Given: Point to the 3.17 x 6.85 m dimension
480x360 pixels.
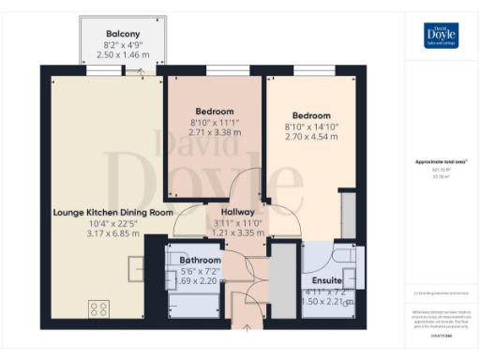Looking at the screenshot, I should tap(99, 233).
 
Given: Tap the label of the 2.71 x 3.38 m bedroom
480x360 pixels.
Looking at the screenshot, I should tap(214, 110).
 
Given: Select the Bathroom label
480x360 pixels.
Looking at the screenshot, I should tap(200, 260).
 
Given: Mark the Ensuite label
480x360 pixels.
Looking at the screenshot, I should tap(326, 280).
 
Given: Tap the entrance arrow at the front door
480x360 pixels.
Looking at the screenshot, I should tap(246, 327).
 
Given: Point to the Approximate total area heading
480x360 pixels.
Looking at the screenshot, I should tap(441, 162).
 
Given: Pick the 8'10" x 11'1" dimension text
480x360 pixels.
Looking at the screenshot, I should tap(215, 122).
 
